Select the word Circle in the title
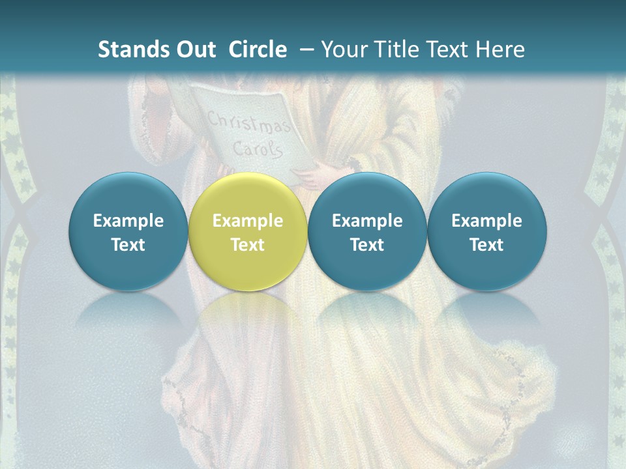258,50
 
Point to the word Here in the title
500,50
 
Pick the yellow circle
247,232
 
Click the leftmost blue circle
128,232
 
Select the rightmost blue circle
486,232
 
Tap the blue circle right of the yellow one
367,232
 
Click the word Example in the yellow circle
247,221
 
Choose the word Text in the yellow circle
247,245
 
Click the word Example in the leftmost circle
128,221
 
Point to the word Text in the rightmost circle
486,245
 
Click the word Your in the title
344,50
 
